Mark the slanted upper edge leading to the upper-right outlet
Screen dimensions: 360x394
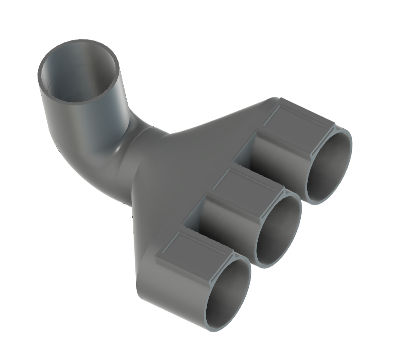point(223,116)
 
